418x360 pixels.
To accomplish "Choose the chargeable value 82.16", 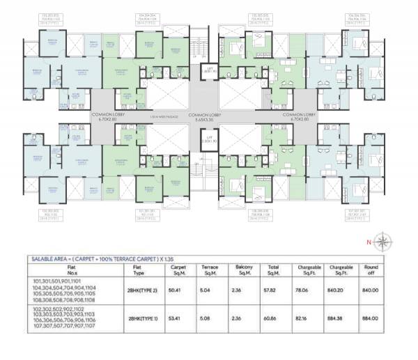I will click(308, 318).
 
